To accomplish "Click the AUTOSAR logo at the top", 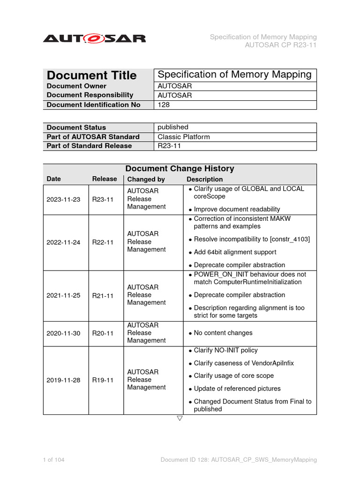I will pyautogui.click(x=94, y=38).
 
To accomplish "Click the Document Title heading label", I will pyautogui.click(x=92, y=75).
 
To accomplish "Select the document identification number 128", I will pyautogui.click(x=164, y=105).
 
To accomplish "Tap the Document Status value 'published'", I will pyautogui.click(x=173, y=127).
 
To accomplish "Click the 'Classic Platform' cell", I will pyautogui.click(x=184, y=137).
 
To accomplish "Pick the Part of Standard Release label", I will pyautogui.click(x=89, y=146).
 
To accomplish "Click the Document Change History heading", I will pyautogui.click(x=180, y=169).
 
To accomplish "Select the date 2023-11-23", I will pyautogui.click(x=63, y=199).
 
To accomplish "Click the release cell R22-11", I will pyautogui.click(x=103, y=242).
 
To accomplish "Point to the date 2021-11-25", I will pyautogui.click(x=63, y=295).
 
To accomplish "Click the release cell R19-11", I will pyautogui.click(x=103, y=380).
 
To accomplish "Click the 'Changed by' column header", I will pyautogui.click(x=146, y=180).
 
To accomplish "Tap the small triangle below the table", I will pyautogui.click(x=180, y=418).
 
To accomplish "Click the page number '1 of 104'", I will pyautogui.click(x=53, y=460).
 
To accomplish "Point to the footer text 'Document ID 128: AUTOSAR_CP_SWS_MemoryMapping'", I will pyautogui.click(x=239, y=460).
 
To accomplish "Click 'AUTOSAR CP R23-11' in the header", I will pyautogui.click(x=281, y=45).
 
